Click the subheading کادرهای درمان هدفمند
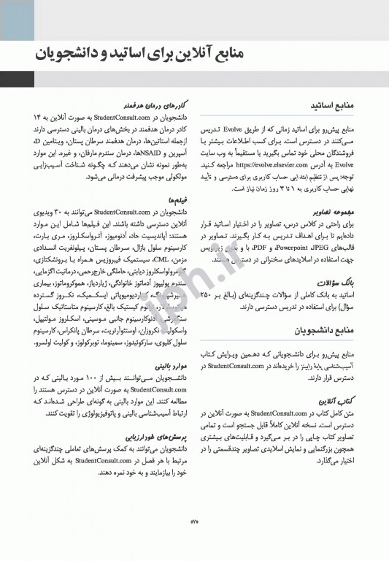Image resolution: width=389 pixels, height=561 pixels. point(151,105)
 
